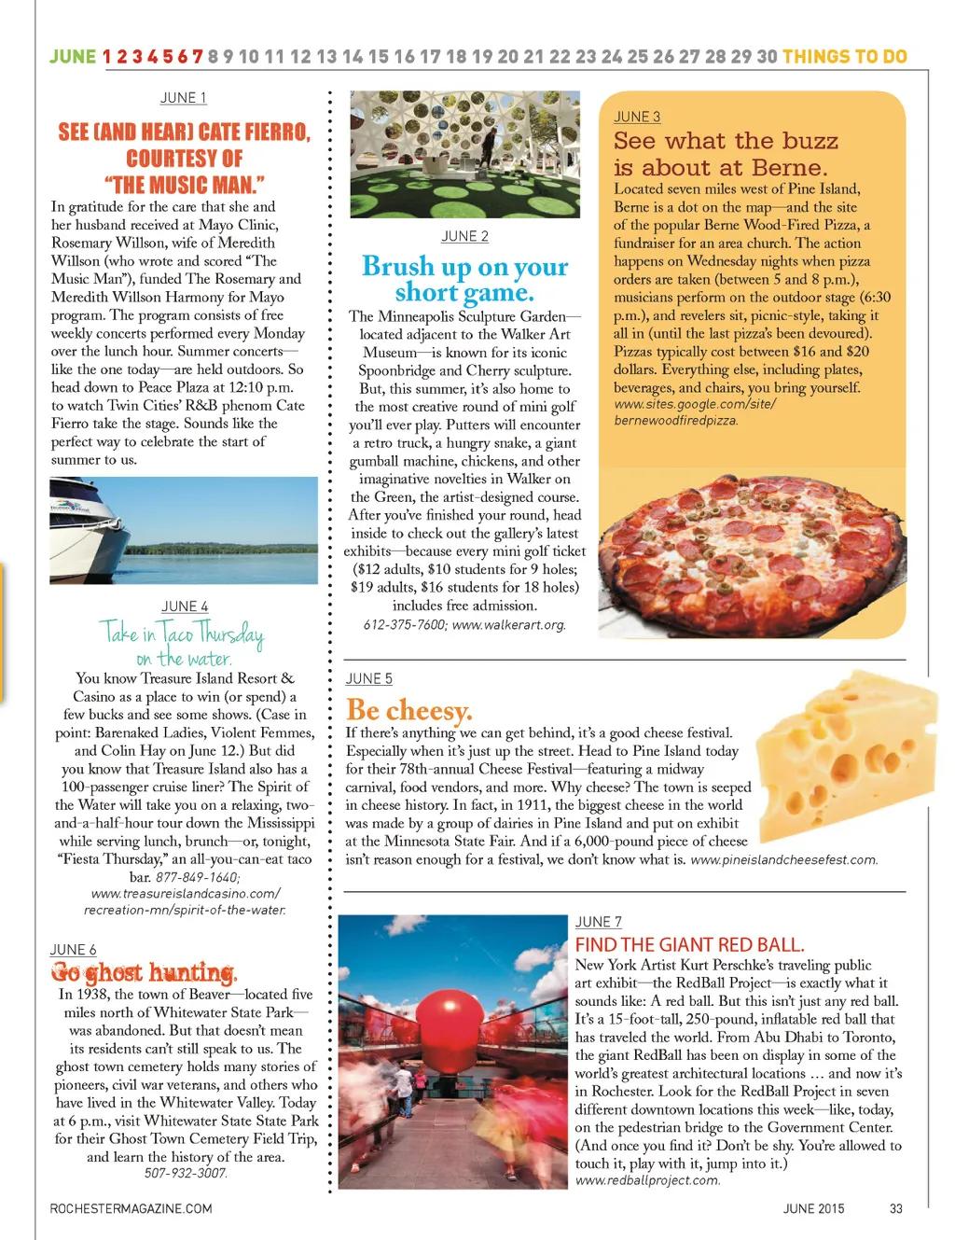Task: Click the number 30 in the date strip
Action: (x=767, y=56)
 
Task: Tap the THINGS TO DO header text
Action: (x=845, y=56)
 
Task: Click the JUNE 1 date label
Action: (x=183, y=98)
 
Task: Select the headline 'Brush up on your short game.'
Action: (x=464, y=279)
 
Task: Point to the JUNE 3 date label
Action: (x=637, y=117)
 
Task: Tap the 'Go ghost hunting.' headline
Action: (x=145, y=972)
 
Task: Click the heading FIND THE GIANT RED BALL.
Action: (x=689, y=944)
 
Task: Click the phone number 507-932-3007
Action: (x=186, y=1174)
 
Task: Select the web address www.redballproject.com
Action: (x=647, y=1180)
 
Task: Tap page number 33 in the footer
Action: (x=895, y=1209)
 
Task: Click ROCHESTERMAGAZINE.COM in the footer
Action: (x=131, y=1209)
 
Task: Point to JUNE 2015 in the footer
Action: (x=813, y=1209)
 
